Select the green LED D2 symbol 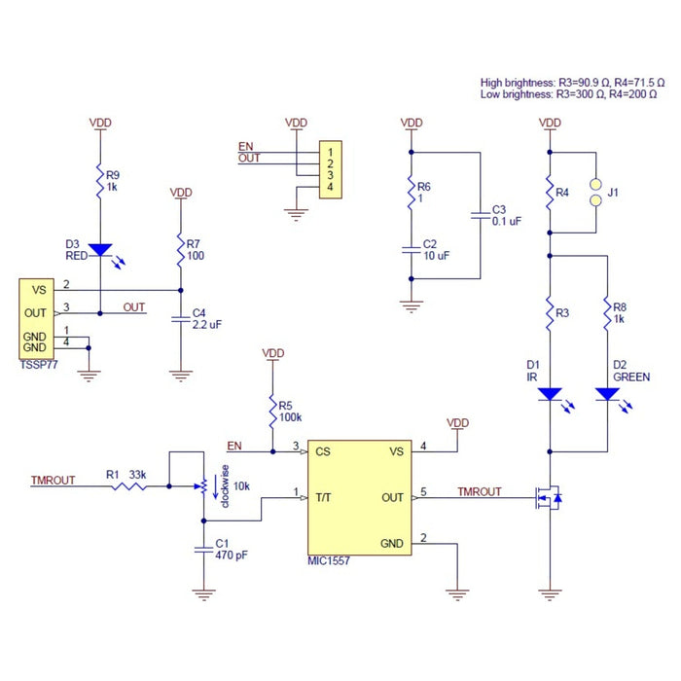coord(607,395)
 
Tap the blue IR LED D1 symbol coord(550,395)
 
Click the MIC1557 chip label coord(328,562)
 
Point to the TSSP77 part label coord(39,359)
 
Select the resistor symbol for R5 coord(274,408)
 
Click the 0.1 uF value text coord(507,222)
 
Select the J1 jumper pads coord(593,193)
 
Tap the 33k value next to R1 coord(137,476)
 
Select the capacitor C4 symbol coord(180,318)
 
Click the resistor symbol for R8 coord(607,313)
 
